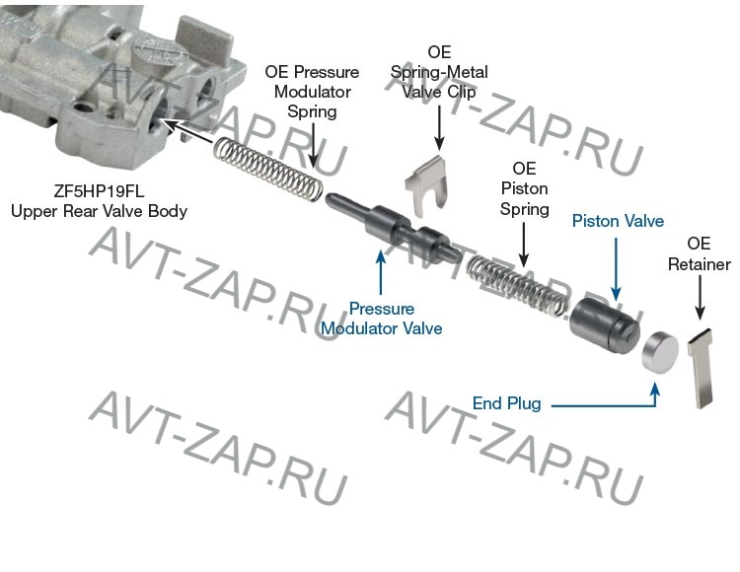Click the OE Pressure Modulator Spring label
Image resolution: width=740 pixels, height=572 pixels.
tap(312, 93)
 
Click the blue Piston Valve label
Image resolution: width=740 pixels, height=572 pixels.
tap(618, 221)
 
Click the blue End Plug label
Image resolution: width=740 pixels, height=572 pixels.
tap(506, 402)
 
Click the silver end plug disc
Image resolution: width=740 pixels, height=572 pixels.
tap(659, 350)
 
